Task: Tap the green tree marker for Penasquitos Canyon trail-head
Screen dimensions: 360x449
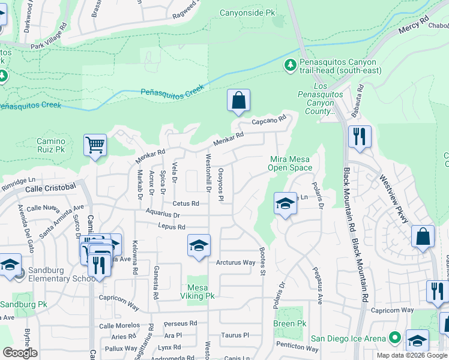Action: pos(291,64)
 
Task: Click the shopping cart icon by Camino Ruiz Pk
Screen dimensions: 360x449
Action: pos(95,145)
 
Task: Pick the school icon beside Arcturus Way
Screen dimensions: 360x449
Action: pos(199,245)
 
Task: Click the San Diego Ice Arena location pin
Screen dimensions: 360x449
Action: pos(394,338)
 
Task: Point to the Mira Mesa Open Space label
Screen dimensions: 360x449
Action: pos(290,163)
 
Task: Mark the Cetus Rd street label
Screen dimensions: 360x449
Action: pos(185,203)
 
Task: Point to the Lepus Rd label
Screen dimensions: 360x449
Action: pos(172,227)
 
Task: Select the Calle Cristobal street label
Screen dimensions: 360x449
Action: pos(50,188)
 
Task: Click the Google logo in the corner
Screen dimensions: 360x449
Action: pos(19,353)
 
